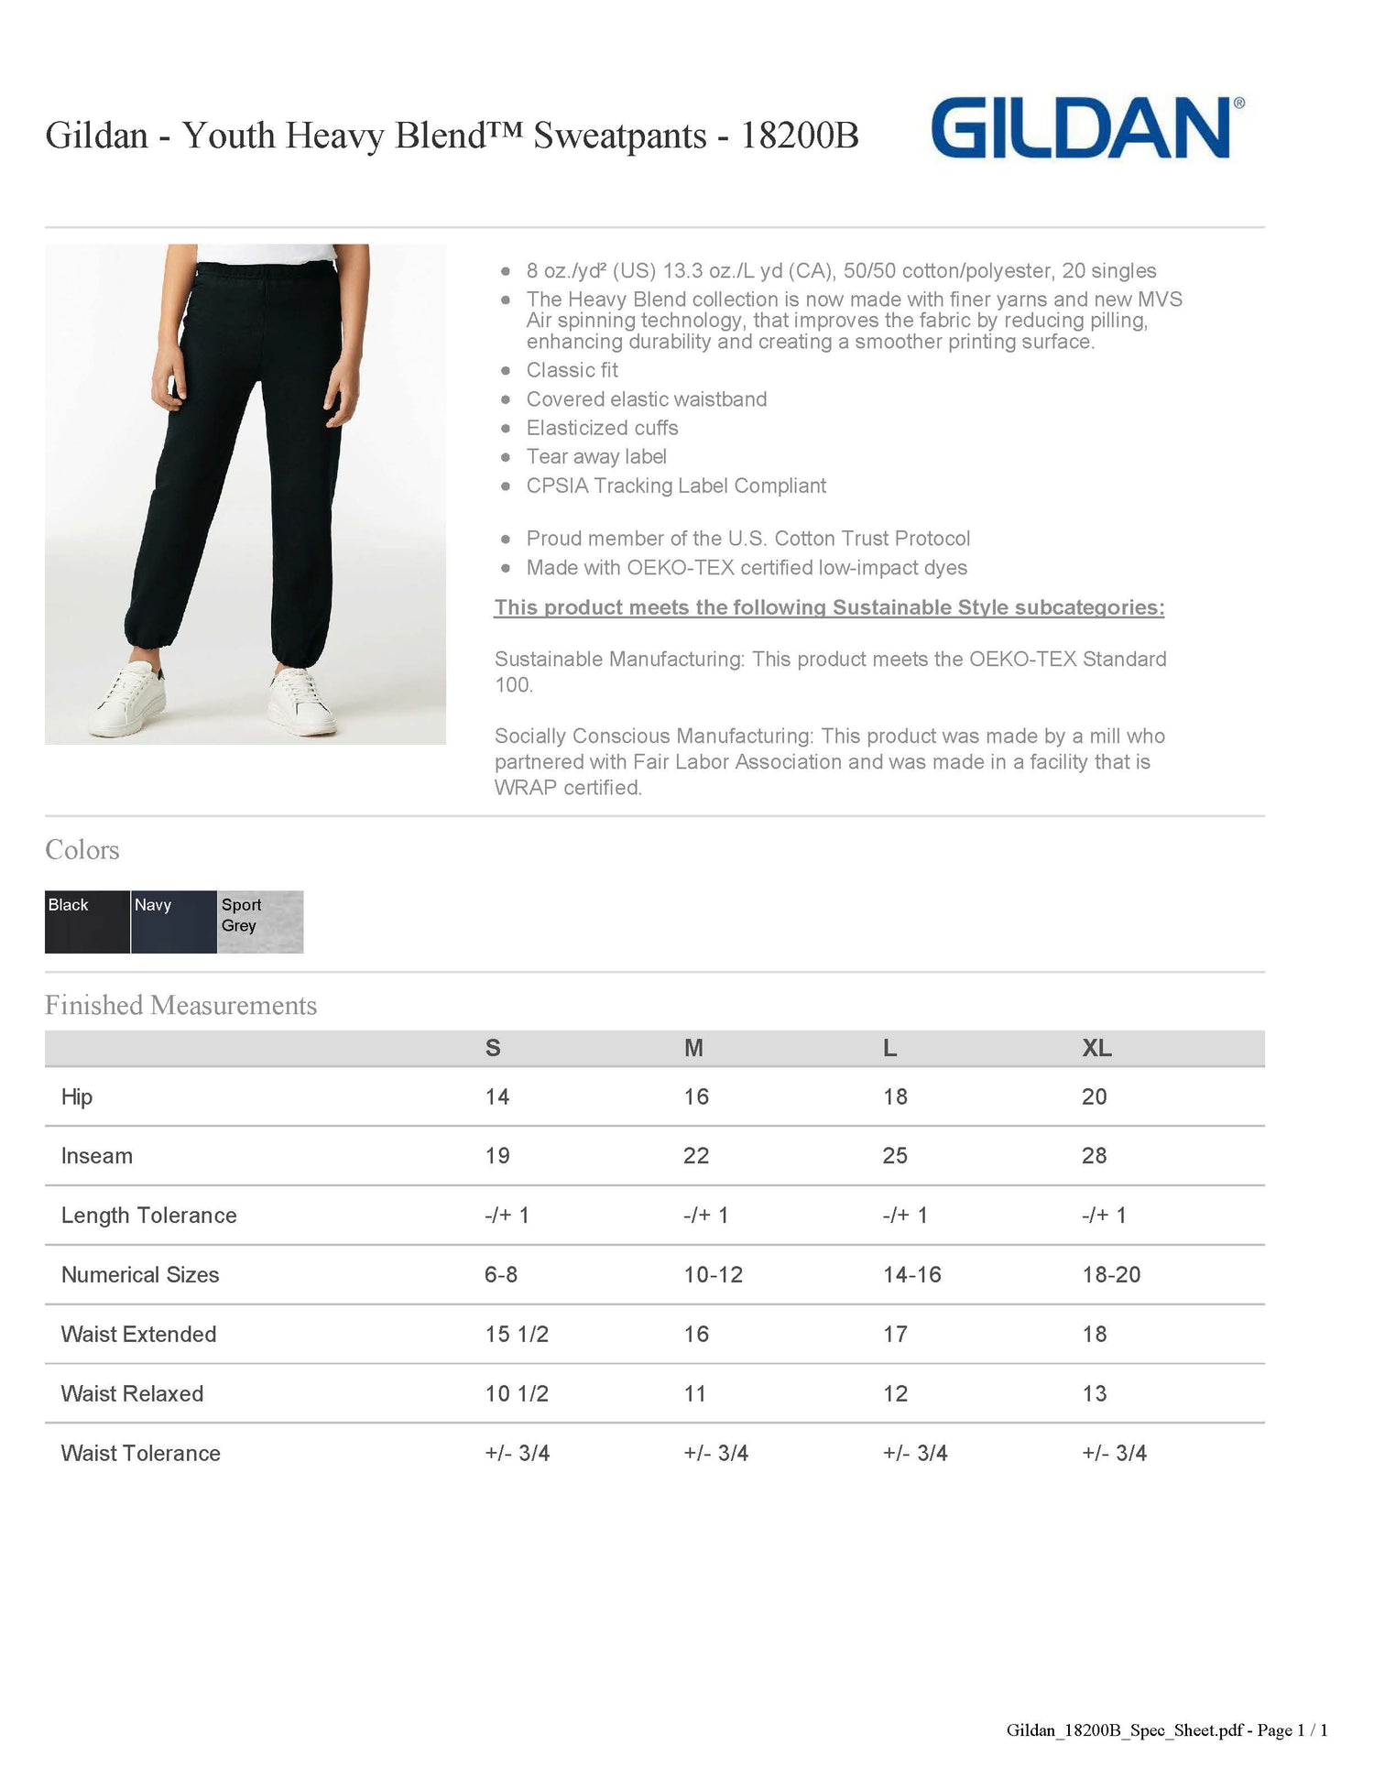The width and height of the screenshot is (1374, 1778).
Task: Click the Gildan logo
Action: tap(1085, 129)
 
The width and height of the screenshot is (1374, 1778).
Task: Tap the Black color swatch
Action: tap(87, 922)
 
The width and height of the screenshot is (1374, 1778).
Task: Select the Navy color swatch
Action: tap(173, 922)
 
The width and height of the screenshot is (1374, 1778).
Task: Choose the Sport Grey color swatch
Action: tap(260, 922)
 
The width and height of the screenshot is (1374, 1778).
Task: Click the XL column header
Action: tap(1096, 1048)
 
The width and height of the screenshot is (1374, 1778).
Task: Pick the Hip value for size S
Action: tap(496, 1096)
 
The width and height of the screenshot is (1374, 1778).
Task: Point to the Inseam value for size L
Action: tap(895, 1156)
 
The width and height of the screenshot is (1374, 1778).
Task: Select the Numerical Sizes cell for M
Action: tap(713, 1274)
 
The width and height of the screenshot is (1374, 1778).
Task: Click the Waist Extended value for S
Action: tap(517, 1334)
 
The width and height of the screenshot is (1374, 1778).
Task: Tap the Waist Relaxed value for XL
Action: tap(1095, 1393)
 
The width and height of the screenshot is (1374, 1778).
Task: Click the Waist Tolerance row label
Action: tap(140, 1453)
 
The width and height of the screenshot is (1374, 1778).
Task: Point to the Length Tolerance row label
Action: tap(148, 1216)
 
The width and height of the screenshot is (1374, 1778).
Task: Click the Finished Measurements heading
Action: tap(180, 1005)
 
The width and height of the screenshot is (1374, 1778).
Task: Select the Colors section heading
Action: tap(82, 849)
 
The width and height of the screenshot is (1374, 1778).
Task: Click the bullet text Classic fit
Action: tap(572, 370)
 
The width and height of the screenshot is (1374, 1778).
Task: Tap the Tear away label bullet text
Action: tap(596, 456)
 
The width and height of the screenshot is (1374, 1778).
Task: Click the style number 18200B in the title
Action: tap(799, 136)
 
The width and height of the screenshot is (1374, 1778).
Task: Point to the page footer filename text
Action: tap(1166, 1729)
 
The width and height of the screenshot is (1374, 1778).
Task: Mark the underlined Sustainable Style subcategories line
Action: tap(829, 607)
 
